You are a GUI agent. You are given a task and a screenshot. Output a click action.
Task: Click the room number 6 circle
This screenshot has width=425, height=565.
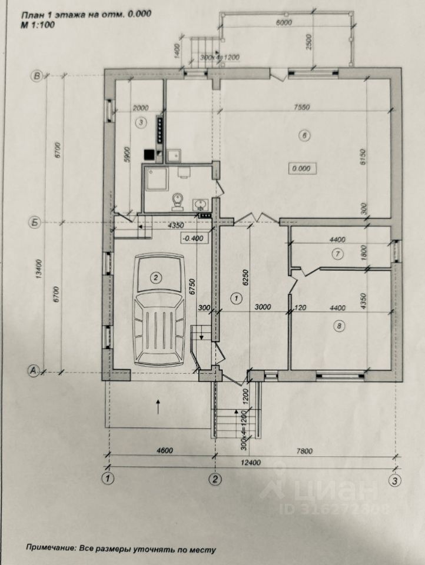(304, 137)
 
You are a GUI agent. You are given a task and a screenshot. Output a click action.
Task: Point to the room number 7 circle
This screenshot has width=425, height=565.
(337, 254)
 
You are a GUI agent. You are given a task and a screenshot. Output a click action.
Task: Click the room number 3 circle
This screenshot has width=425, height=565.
(140, 122)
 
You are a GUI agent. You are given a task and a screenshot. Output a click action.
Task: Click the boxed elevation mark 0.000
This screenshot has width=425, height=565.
(303, 168)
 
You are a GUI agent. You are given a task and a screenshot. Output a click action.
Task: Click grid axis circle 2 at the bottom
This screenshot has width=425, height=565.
(216, 479)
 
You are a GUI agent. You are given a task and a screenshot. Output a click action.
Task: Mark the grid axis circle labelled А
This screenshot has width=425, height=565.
(34, 370)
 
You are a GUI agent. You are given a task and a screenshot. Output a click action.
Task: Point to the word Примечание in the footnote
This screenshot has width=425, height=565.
(49, 549)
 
